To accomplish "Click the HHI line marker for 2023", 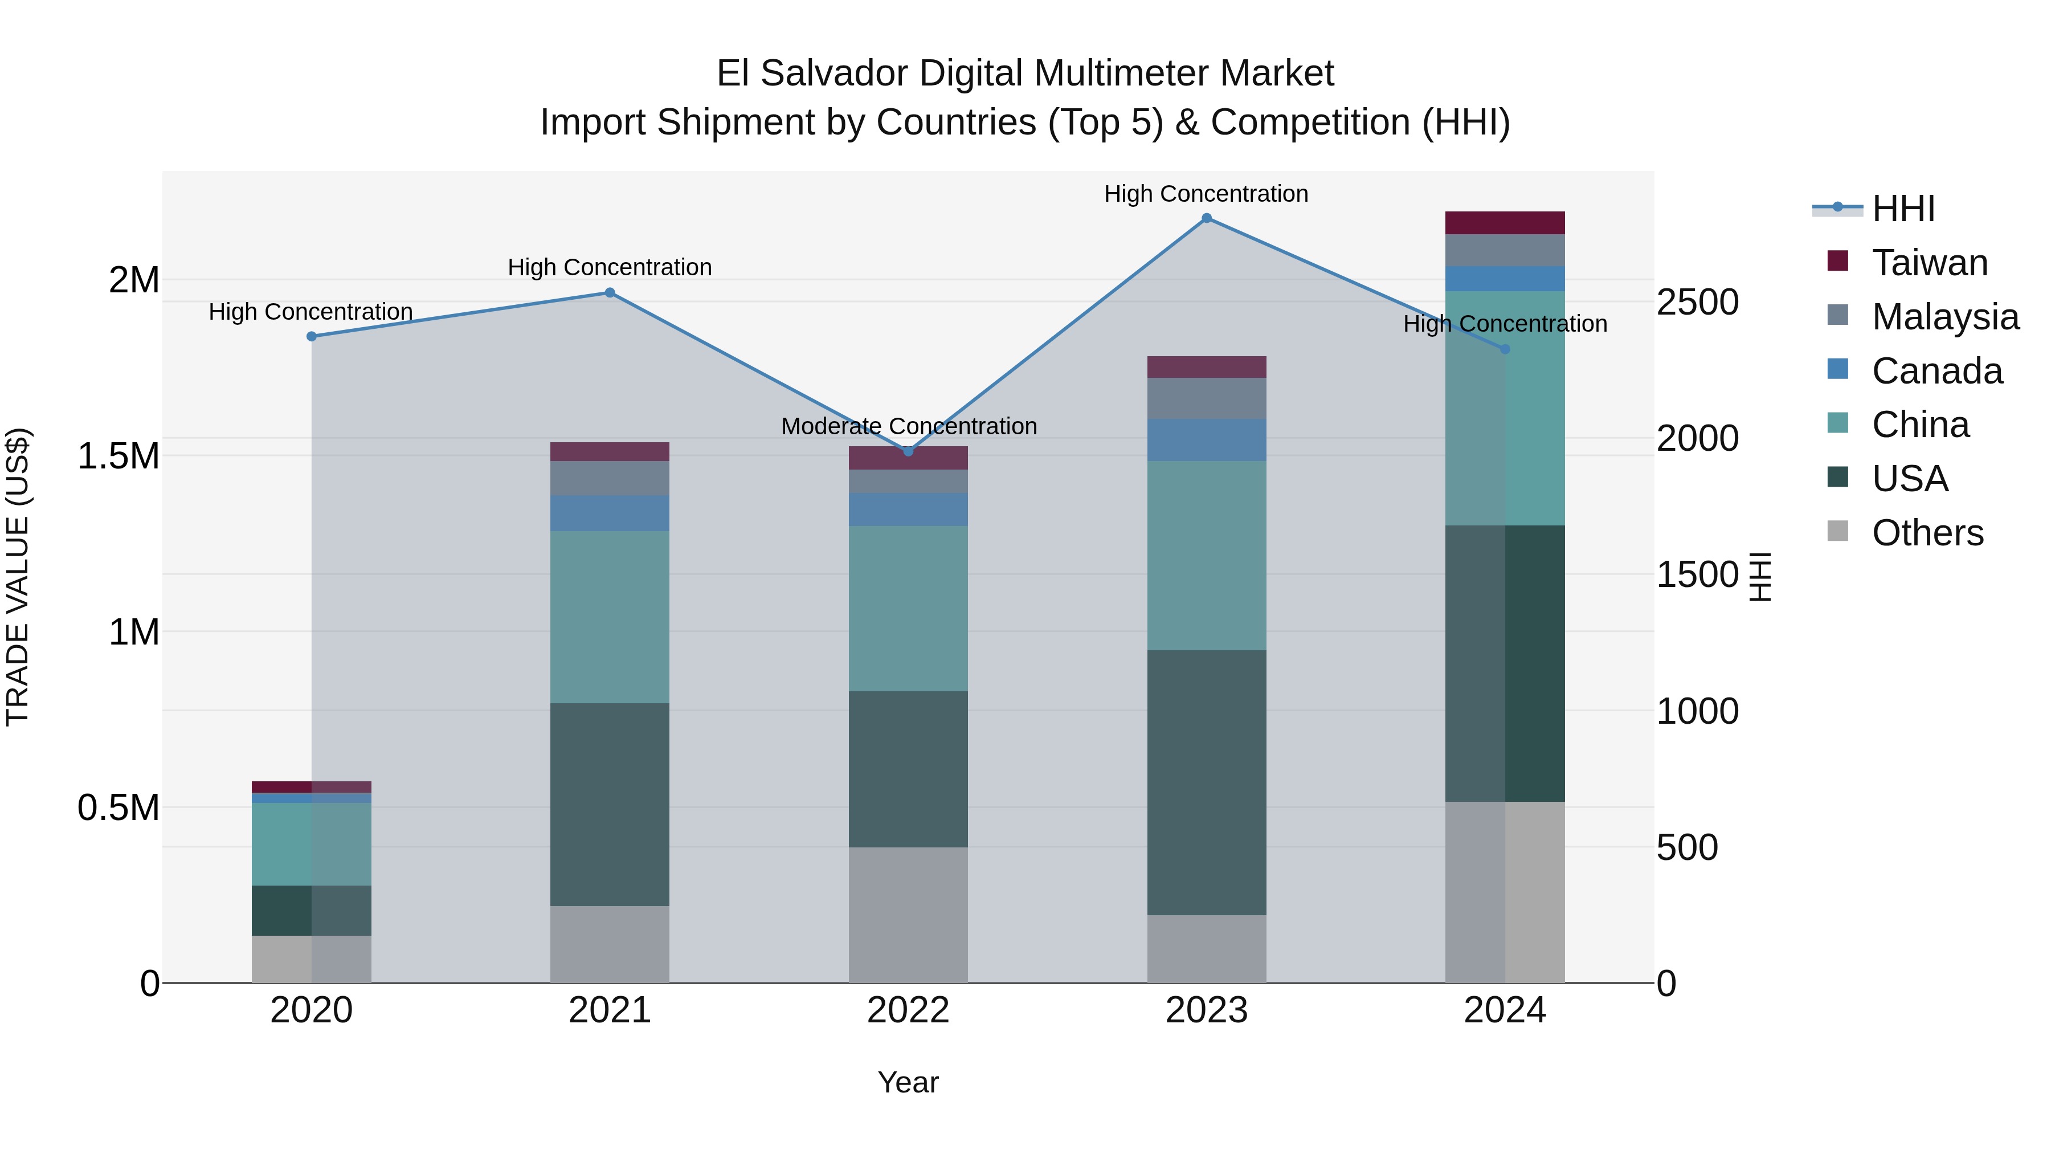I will [x=1206, y=218].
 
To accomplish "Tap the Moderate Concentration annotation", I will [x=909, y=426].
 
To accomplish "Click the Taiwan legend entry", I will [x=1929, y=263].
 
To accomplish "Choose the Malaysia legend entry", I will [x=1945, y=317].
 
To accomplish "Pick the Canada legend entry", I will [x=1936, y=371].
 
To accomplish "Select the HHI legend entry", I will [x=1903, y=209].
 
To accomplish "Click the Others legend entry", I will [x=1927, y=533].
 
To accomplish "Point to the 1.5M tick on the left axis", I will [x=118, y=456].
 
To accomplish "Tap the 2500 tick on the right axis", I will [x=1698, y=303].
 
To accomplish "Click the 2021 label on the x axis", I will [x=610, y=1010].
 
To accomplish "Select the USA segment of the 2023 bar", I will [x=1206, y=782].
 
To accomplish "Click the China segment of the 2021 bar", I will [x=610, y=617].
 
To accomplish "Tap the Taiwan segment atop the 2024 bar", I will [x=1505, y=222].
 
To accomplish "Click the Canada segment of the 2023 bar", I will [x=1206, y=439].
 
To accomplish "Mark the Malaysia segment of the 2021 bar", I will [x=610, y=478].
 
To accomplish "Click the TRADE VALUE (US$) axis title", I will [x=18, y=577].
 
